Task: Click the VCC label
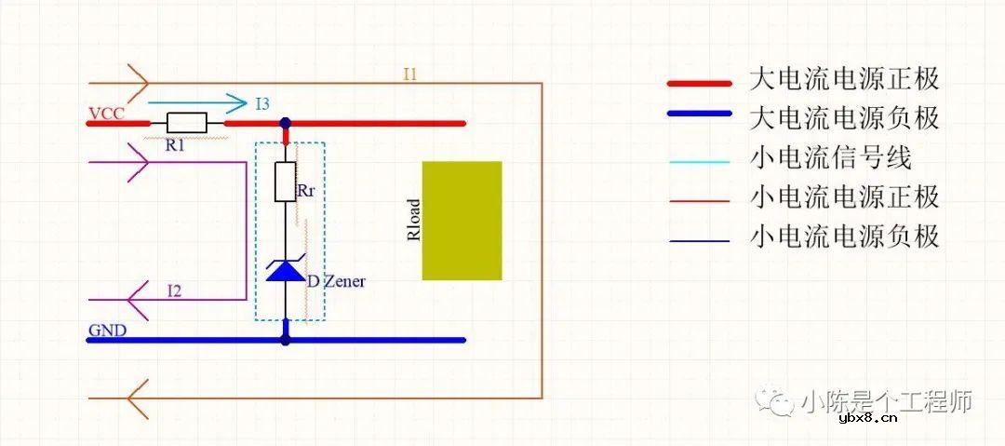105,115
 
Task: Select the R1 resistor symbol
186,122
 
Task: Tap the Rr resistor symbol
285,182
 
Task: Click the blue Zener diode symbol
285,270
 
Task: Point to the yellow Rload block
462,221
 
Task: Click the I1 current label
409,74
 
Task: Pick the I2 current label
174,291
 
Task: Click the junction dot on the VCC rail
285,122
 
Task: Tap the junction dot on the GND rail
285,340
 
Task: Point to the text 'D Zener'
336,280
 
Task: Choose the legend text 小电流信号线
831,157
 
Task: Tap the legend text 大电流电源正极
844,78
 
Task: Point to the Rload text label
414,221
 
